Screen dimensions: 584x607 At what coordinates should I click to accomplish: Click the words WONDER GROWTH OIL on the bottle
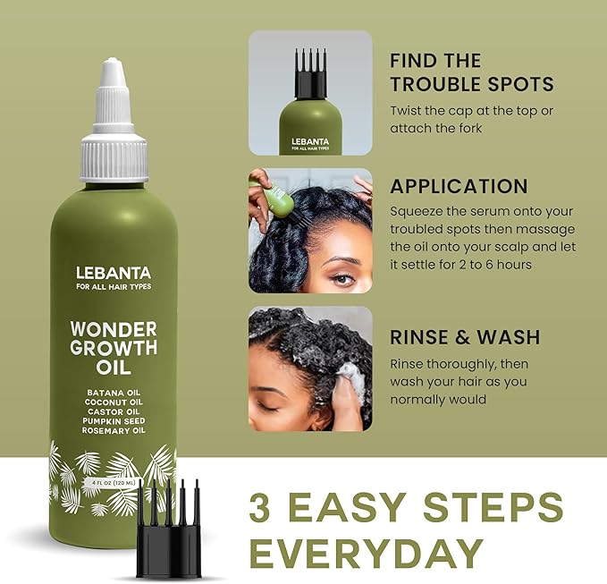114,347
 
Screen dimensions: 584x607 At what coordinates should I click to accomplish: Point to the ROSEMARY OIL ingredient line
114,430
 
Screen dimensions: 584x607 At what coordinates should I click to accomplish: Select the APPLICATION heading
459,187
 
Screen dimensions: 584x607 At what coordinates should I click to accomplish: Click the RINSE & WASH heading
465,337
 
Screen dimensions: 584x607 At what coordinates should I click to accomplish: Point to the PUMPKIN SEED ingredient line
114,421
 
